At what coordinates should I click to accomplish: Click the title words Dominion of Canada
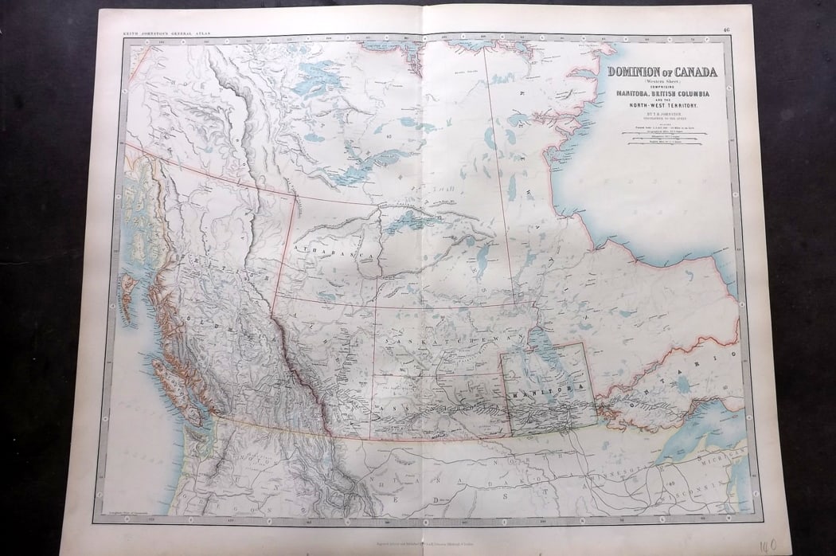(662, 72)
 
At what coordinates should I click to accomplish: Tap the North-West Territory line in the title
(662, 106)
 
